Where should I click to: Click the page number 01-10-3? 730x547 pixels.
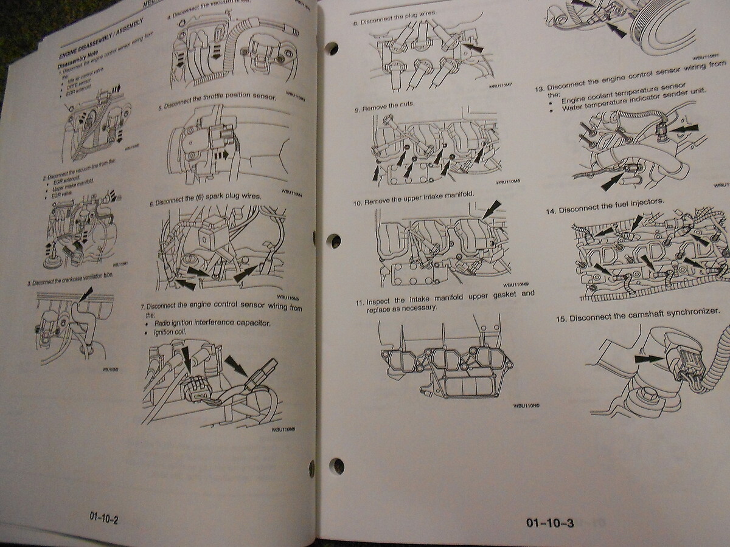(x=551, y=522)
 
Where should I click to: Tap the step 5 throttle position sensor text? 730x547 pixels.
(x=218, y=97)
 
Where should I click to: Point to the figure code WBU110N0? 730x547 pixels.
(x=526, y=405)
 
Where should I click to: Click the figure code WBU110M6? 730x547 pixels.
(x=283, y=429)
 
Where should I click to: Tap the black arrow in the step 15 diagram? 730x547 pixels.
(x=649, y=359)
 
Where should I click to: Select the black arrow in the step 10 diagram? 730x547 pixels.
(x=491, y=209)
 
